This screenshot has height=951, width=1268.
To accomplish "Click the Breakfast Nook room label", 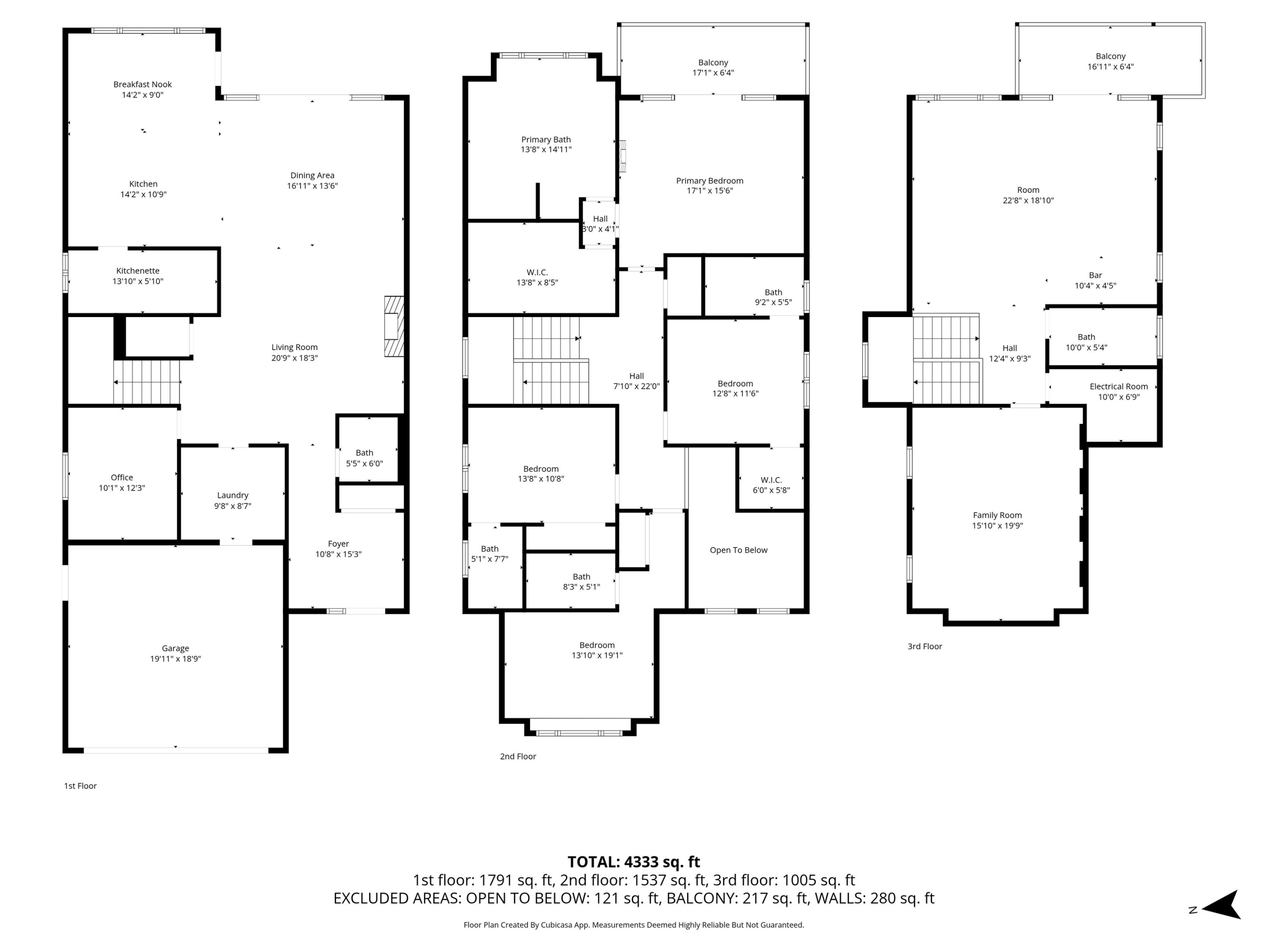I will click(142, 84).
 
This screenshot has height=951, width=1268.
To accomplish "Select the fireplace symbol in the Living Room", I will click(394, 326).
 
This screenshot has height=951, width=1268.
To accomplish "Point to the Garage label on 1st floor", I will click(175, 648).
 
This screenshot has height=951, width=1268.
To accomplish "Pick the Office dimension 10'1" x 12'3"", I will click(122, 488).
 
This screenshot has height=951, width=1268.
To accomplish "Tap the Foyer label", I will click(338, 544).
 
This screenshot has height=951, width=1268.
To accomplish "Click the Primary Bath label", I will click(546, 139).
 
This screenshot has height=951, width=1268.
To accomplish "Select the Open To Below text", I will click(738, 550).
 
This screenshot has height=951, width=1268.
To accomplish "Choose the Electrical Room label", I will click(1118, 386).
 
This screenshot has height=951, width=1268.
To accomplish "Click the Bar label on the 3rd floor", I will click(1095, 275).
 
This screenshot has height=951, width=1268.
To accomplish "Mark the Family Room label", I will click(997, 515).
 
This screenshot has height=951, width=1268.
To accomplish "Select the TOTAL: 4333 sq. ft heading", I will click(634, 861).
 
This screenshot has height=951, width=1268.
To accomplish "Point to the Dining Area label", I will click(312, 175).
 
